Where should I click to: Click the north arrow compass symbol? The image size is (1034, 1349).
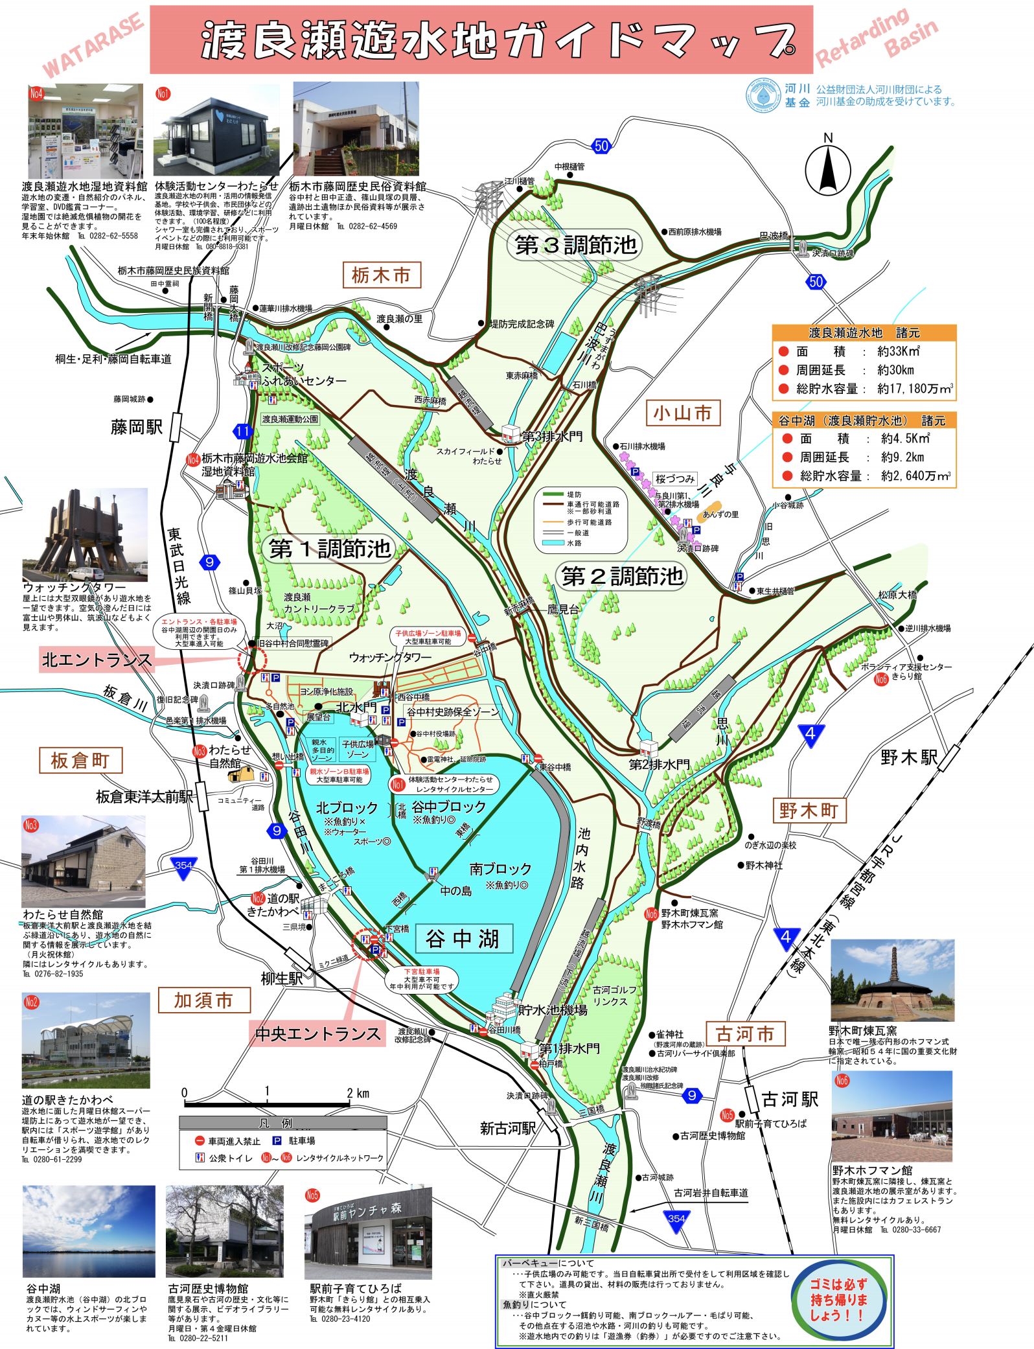pyautogui.click(x=827, y=169)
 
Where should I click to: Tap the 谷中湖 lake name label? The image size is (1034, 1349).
pyautogui.click(x=463, y=938)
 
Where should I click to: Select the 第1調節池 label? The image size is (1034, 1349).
pyautogui.click(x=330, y=549)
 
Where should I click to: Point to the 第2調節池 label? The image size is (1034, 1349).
pyautogui.click(x=622, y=575)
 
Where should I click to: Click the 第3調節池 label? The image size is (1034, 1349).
pyautogui.click(x=575, y=245)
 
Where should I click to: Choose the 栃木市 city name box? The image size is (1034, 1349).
pyautogui.click(x=382, y=275)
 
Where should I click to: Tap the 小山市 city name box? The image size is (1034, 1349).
pyautogui.click(x=682, y=413)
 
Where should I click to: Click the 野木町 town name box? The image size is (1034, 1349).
pyautogui.click(x=809, y=810)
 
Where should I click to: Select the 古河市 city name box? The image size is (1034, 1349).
pyautogui.click(x=745, y=1033)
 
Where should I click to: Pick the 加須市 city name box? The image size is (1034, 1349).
pyautogui.click(x=203, y=1000)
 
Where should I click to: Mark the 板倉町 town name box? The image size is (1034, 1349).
pyautogui.click(x=80, y=760)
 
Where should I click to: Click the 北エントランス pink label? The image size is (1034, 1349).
pyautogui.click(x=97, y=660)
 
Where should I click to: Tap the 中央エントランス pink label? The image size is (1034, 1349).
pyautogui.click(x=317, y=1033)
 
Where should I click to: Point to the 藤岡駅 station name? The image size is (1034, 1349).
pyautogui.click(x=137, y=427)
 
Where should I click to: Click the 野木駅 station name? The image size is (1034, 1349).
pyautogui.click(x=908, y=757)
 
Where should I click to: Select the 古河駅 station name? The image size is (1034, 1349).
pyautogui.click(x=790, y=1099)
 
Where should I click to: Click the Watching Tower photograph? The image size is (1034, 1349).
pyautogui.click(x=85, y=535)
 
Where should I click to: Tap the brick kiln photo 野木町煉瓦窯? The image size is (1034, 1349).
pyautogui.click(x=892, y=980)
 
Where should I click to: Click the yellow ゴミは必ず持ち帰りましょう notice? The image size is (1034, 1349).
pyautogui.click(x=838, y=1300)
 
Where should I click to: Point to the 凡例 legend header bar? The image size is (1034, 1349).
pyautogui.click(x=282, y=1122)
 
